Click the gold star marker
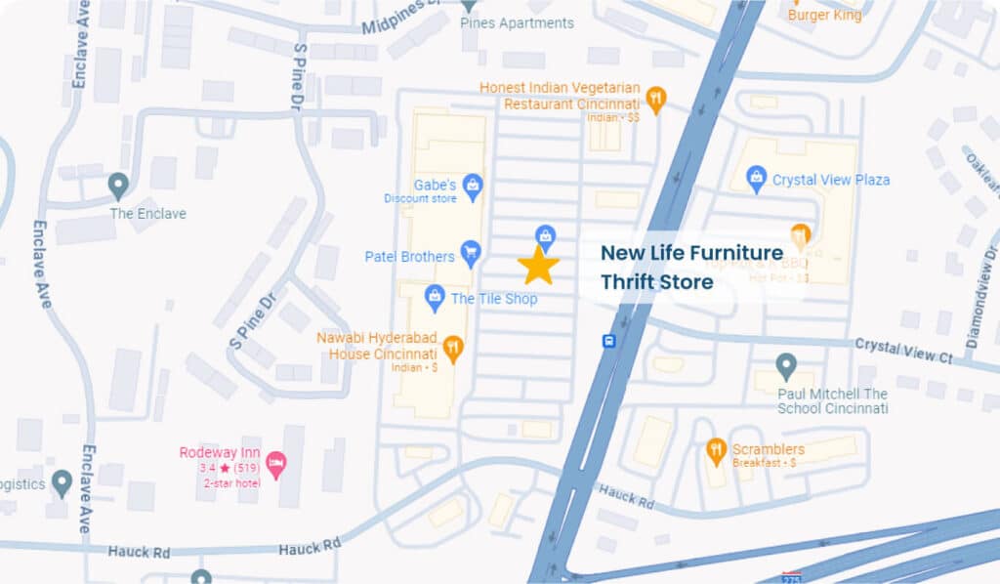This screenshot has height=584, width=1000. click(538, 266)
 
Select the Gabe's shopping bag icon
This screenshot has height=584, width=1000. click(474, 185)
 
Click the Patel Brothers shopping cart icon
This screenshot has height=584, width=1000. click(471, 255)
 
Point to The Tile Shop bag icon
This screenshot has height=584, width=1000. click(435, 296)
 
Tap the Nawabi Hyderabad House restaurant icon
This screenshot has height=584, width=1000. click(452, 345)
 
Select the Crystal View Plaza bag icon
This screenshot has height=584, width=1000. click(756, 178)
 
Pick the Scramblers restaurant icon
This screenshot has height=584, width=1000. click(716, 451)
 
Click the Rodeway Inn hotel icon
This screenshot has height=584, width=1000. click(276, 462)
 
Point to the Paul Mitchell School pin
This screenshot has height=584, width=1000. click(786, 367)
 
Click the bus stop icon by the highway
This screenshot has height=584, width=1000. click(609, 341)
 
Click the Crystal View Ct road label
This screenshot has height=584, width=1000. click(903, 350)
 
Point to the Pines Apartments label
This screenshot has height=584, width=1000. click(517, 22)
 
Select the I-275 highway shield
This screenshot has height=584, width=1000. click(791, 578)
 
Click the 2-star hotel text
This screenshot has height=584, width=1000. click(232, 483)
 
